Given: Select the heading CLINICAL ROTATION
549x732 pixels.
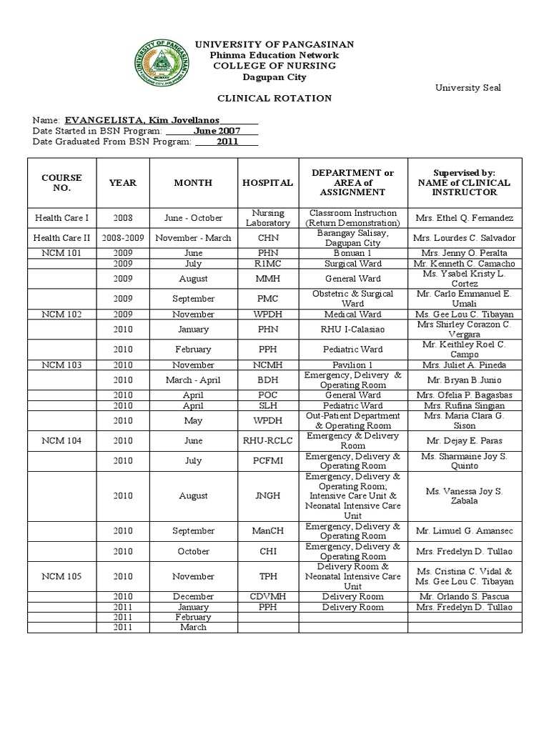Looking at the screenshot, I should pos(274,98).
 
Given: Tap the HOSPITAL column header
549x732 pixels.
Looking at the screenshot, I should pos(267,183).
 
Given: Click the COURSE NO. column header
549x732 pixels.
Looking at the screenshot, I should pos(62,183).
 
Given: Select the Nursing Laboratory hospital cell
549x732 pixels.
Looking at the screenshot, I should pos(267,218).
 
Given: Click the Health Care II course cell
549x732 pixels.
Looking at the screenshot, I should pos(62,238).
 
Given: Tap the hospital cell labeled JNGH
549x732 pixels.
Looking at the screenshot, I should pos(267,495).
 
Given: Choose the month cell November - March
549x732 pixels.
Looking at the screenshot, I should pos(193,238).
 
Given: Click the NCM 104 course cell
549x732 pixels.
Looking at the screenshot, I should pos(62,440).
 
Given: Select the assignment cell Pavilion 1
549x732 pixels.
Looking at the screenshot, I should pos(352,365).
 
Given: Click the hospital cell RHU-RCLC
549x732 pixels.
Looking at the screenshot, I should pos(267,440).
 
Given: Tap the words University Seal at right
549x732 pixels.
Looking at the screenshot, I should pos(468,87).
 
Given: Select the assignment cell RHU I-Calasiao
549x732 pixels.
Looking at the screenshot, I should pos(352,330).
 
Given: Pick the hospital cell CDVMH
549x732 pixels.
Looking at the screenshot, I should pos(267,596).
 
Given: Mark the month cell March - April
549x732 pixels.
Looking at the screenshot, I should pos(193,380).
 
